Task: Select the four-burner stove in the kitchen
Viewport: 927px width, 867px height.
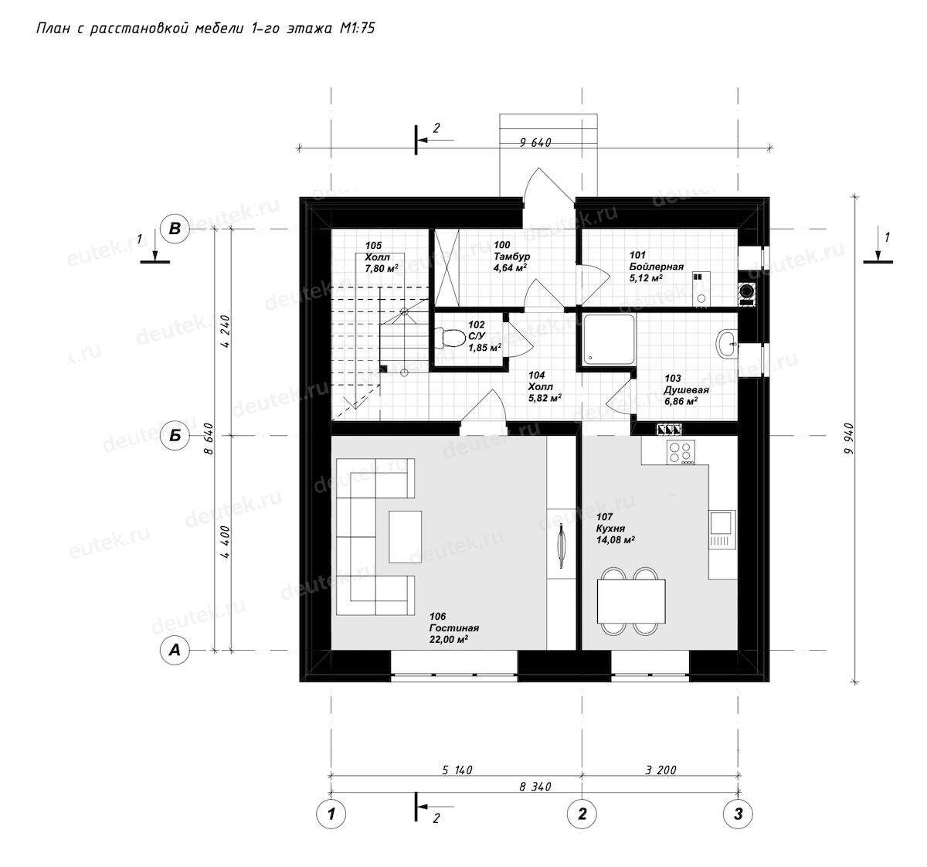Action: point(680,452)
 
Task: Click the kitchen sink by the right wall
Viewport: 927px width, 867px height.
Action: point(722,529)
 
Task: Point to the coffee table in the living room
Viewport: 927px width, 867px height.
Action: point(405,536)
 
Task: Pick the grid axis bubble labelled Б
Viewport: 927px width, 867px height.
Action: point(175,436)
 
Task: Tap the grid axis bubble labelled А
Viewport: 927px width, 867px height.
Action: point(175,649)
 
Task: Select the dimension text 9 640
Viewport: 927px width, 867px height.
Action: point(535,142)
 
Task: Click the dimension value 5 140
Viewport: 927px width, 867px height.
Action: point(457,770)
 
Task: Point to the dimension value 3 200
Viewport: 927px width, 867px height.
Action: point(660,770)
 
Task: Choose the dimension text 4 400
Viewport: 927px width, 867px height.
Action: point(226,542)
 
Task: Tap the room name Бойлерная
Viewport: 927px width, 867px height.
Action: point(657,267)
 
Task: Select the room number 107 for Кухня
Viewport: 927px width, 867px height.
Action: point(604,517)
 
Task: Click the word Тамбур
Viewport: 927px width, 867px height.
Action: point(511,257)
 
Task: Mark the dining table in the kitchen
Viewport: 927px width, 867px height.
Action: point(632,600)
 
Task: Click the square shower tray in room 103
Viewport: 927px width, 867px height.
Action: point(609,339)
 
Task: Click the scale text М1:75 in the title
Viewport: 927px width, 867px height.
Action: point(357,29)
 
